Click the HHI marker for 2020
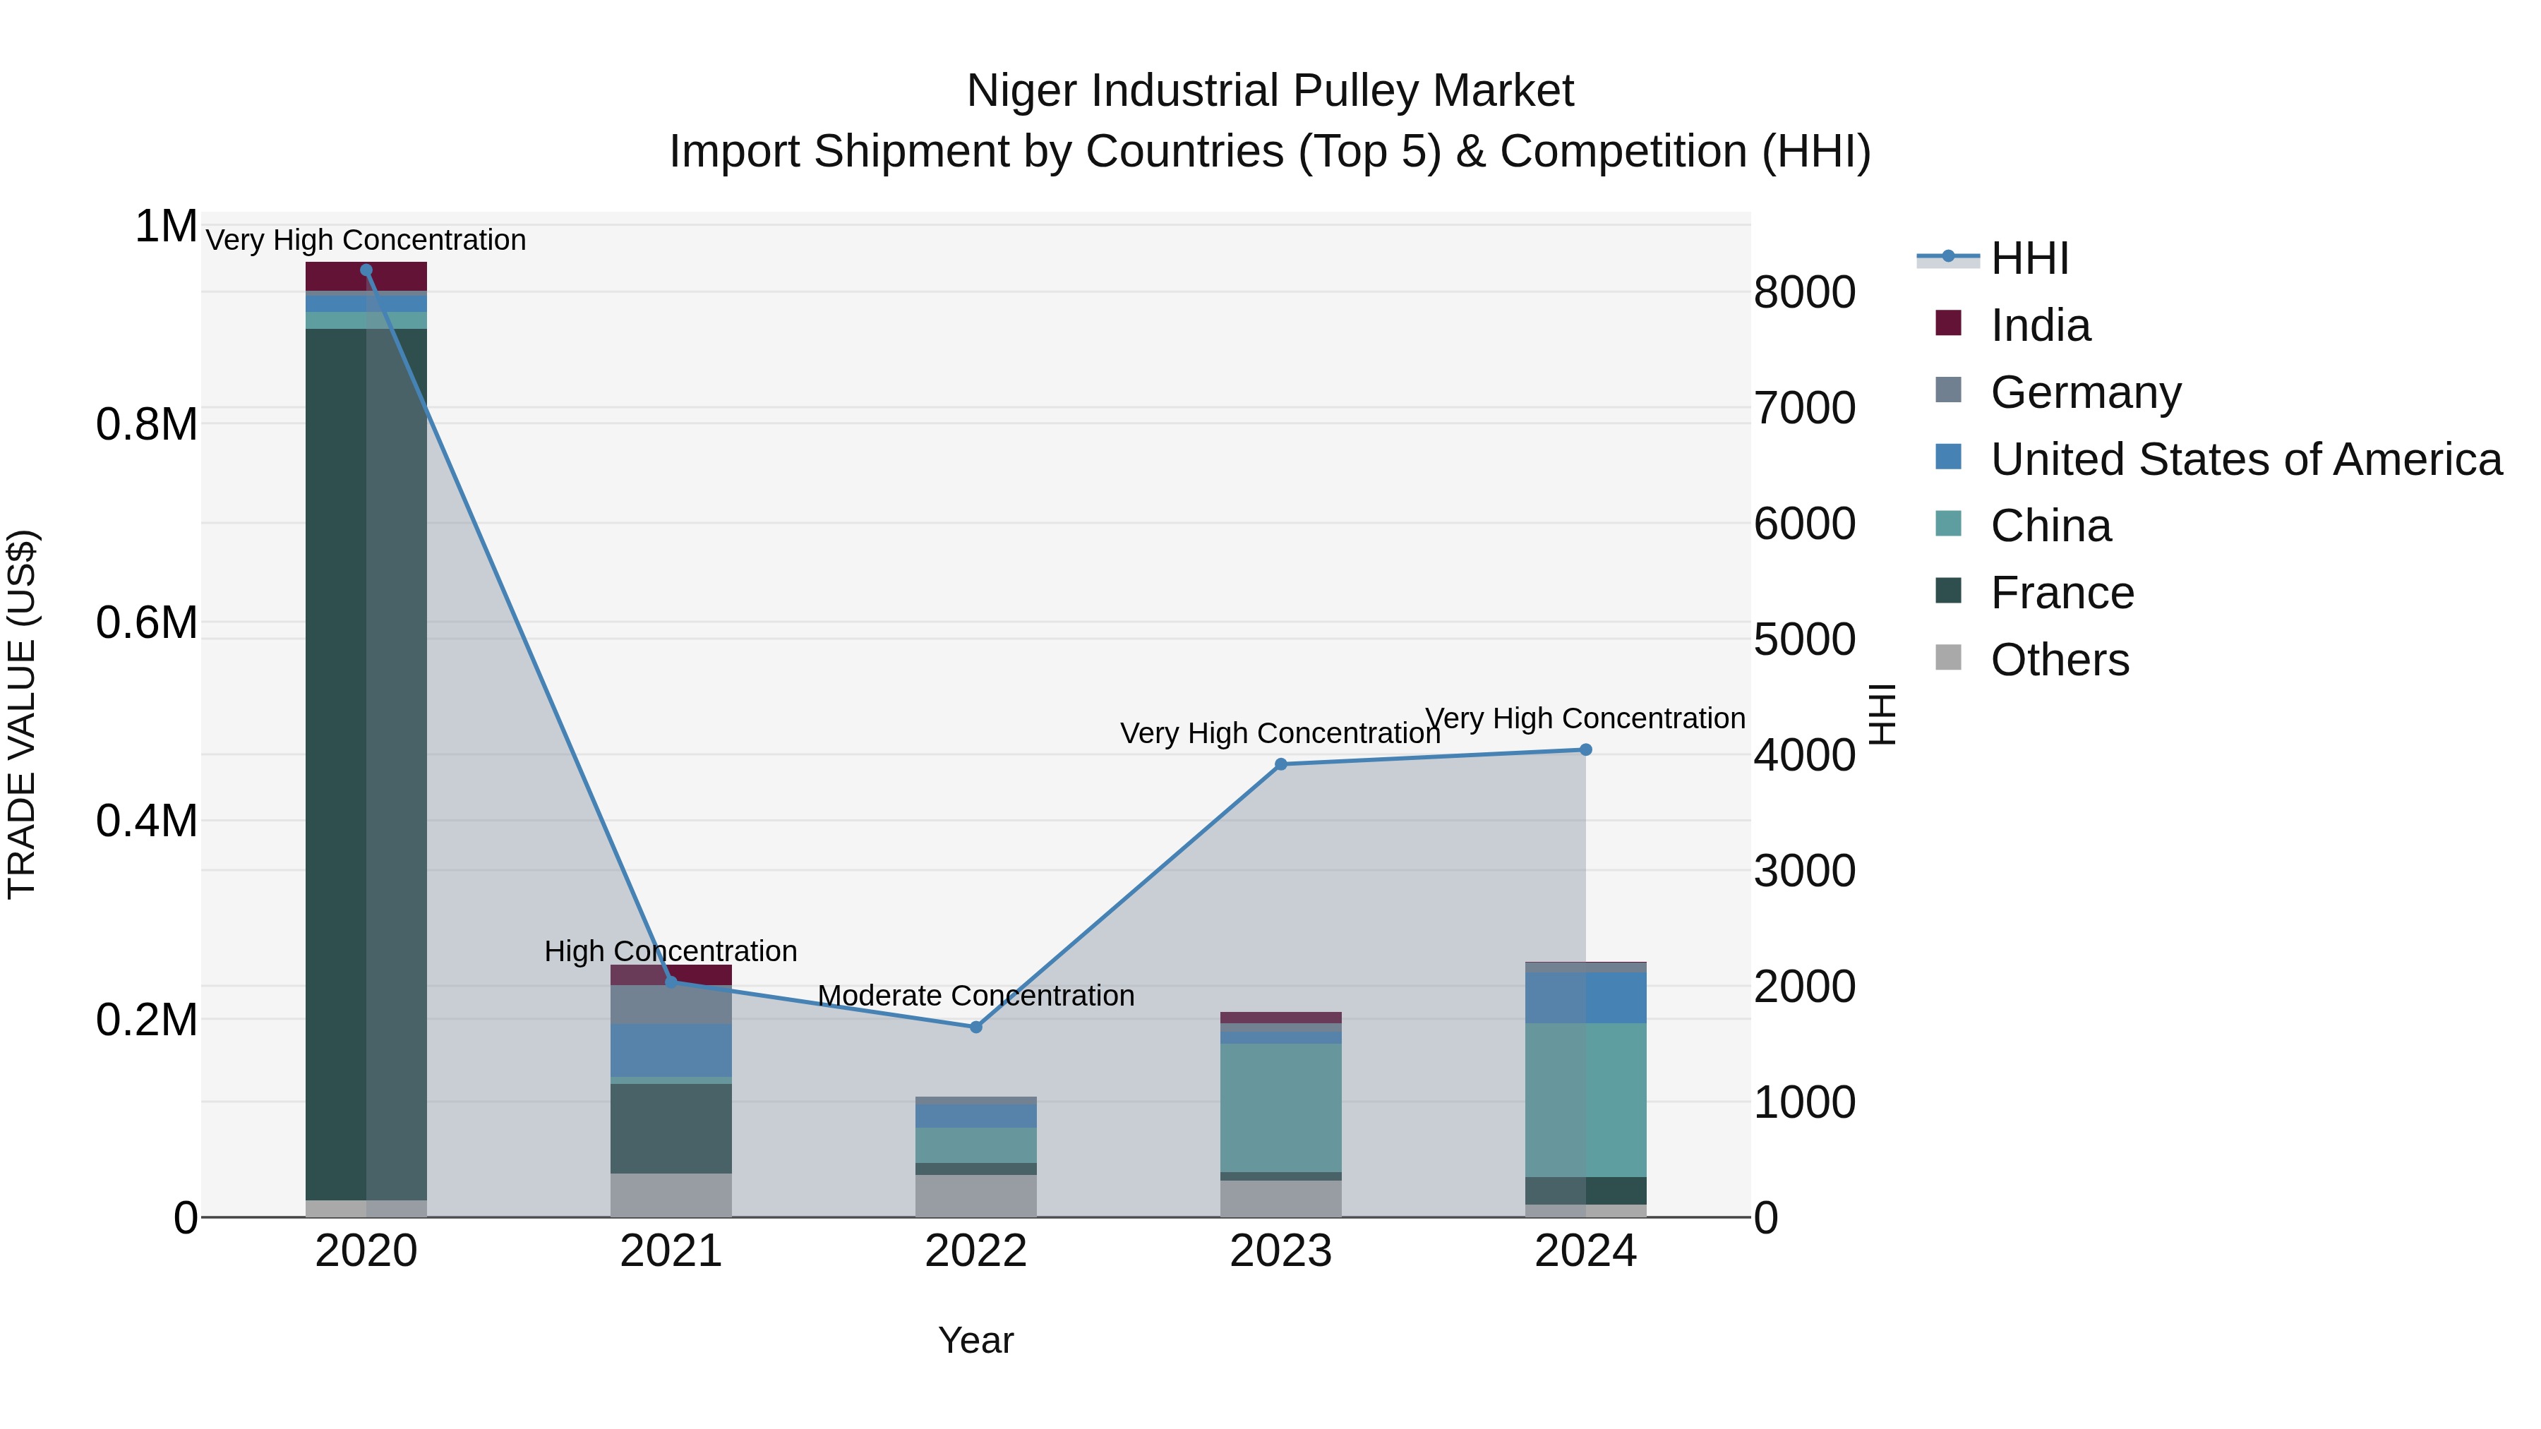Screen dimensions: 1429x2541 (x=366, y=270)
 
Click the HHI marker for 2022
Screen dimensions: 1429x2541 (x=975, y=1027)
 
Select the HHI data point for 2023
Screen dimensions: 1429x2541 (x=1280, y=764)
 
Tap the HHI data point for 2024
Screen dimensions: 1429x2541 (x=1585, y=749)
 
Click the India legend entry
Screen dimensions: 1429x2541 (x=2039, y=325)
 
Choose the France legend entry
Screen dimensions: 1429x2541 (x=2062, y=593)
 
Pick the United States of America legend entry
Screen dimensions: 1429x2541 (x=2245, y=459)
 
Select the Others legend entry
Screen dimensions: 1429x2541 (x=2059, y=660)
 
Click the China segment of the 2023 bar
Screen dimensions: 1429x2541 (x=1280, y=1107)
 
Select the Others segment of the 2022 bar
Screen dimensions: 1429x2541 (x=975, y=1195)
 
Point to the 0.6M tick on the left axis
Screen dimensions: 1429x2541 (x=146, y=623)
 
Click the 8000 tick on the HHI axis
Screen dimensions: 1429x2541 (x=1804, y=293)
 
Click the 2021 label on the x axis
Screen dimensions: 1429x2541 (x=671, y=1251)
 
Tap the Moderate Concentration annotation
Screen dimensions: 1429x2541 (x=975, y=995)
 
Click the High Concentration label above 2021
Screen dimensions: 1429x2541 (x=671, y=951)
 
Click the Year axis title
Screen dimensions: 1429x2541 (x=975, y=1340)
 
